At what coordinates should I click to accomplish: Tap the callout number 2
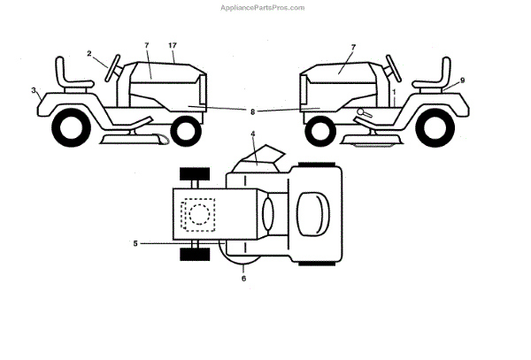(x=89, y=54)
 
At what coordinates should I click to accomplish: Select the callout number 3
(x=34, y=90)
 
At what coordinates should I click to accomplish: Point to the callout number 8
(x=252, y=111)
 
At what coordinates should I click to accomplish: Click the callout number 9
(x=462, y=80)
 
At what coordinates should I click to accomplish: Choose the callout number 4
(x=252, y=134)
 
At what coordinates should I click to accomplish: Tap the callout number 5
(x=135, y=242)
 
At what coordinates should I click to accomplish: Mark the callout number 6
(x=243, y=279)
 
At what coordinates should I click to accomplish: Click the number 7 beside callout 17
(x=147, y=45)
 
